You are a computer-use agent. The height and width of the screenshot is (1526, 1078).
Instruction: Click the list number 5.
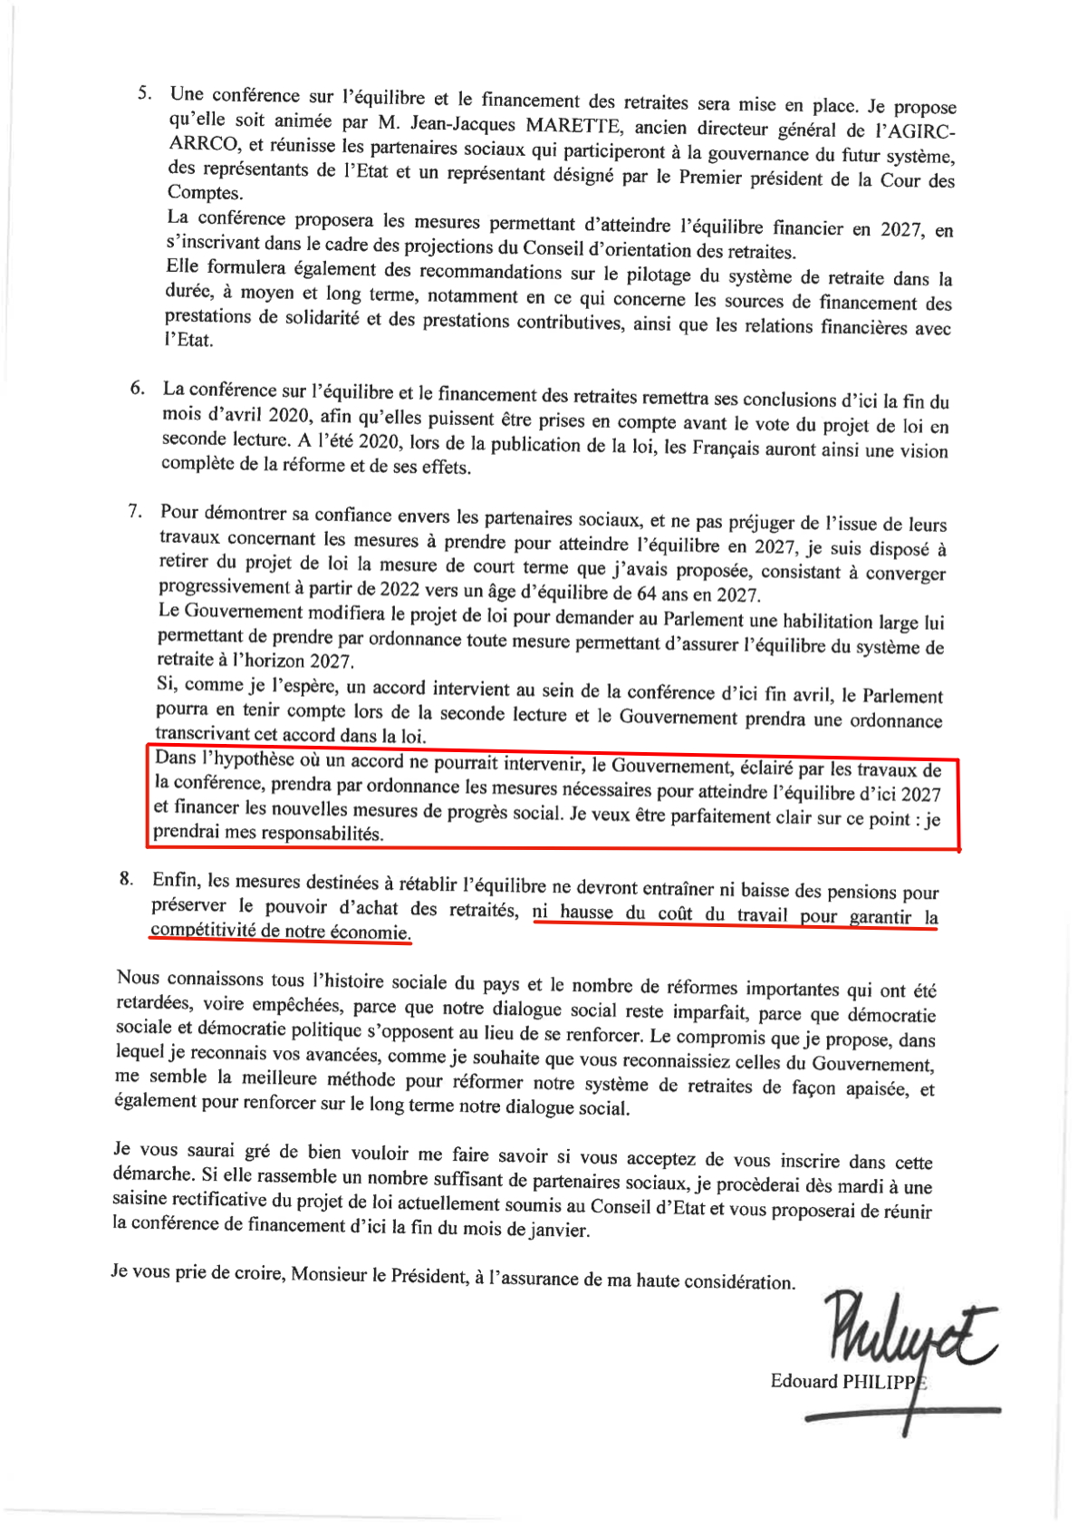143,92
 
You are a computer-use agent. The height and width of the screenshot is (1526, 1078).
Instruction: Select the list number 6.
137,388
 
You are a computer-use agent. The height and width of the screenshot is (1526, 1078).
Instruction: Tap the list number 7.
135,511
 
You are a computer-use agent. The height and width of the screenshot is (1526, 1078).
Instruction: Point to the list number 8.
126,878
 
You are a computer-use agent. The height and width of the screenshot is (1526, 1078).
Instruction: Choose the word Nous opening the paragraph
138,977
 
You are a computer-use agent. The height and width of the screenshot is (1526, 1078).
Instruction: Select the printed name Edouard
804,1380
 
